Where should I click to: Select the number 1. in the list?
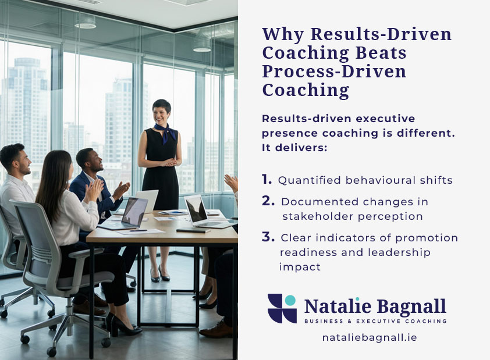267,180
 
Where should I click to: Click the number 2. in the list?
268,201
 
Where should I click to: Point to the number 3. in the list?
268,237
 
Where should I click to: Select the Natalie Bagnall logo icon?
282,308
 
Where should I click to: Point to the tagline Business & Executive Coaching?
375,321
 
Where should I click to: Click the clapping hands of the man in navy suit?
120,190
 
